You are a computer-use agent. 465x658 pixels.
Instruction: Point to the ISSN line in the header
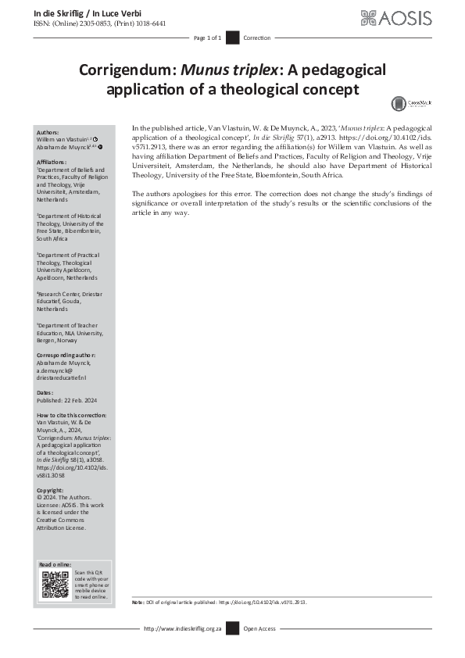[x=99, y=23]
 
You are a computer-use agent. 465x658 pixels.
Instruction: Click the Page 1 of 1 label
[x=208, y=38]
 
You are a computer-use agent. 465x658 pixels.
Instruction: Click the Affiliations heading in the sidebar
[x=52, y=162]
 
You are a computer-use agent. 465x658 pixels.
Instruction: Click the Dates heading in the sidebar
[x=45, y=392]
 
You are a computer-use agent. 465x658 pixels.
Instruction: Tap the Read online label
[x=55, y=564]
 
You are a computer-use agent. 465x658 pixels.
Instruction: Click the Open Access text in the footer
[x=259, y=628]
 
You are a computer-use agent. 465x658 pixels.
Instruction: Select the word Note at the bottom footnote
[x=138, y=603]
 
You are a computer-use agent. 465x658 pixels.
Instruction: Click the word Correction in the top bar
[x=257, y=38]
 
